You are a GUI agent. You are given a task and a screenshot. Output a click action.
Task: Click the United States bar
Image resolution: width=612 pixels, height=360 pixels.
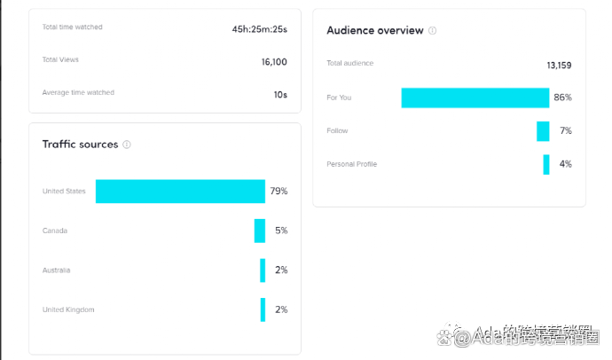[180, 192]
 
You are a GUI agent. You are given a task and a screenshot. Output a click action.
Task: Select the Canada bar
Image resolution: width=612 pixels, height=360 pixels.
[260, 231]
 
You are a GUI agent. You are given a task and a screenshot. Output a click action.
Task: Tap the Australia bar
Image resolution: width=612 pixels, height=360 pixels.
[263, 270]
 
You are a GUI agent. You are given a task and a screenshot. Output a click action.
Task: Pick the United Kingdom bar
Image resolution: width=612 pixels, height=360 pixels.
[263, 309]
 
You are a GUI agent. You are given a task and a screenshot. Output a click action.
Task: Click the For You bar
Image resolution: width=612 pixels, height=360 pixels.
[475, 98]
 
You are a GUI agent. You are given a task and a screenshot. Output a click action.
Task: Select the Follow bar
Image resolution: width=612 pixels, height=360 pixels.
[543, 131]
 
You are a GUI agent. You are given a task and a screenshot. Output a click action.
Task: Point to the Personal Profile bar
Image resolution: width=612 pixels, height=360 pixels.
[546, 164]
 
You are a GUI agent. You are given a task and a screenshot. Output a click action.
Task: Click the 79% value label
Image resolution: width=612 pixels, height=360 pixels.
[279, 192]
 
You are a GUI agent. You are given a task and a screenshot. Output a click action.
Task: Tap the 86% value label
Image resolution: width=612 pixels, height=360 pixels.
[562, 98]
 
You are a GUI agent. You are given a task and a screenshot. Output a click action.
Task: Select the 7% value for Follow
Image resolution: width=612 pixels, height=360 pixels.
[565, 131]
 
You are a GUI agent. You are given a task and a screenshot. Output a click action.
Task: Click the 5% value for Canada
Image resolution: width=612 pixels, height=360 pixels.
[281, 231]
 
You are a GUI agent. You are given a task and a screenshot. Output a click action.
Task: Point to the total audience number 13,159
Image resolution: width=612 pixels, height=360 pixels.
[559, 65]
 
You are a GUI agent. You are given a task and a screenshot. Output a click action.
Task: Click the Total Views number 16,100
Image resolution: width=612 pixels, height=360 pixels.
[274, 62]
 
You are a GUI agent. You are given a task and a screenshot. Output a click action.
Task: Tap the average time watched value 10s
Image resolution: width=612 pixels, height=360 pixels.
[280, 94]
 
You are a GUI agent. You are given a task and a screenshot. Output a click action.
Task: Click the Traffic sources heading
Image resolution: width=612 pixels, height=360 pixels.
[80, 145]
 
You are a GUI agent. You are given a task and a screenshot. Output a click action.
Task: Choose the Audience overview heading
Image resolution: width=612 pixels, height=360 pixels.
[374, 30]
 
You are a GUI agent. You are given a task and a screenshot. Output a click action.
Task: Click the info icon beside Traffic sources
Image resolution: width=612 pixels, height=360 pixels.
[127, 145]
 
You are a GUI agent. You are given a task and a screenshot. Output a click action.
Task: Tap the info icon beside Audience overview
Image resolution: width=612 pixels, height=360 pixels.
[433, 30]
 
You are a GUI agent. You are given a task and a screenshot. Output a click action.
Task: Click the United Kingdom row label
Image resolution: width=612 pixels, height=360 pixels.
[68, 309]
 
